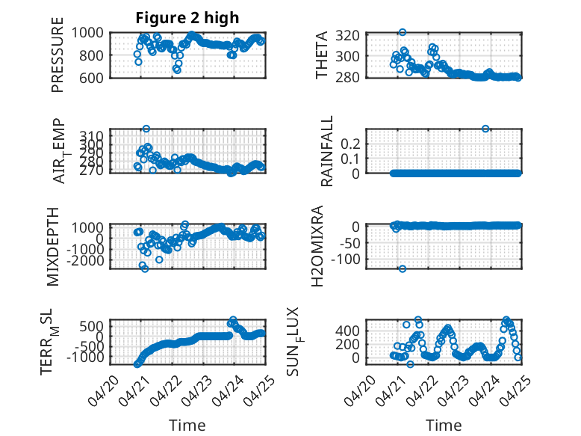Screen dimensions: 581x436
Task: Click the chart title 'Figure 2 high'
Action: (187, 18)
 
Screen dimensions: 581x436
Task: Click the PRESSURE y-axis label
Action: (58, 55)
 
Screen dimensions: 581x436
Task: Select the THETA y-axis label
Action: (322, 55)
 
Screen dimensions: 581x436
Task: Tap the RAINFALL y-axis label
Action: (327, 151)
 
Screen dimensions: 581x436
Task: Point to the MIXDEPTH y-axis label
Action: (53, 247)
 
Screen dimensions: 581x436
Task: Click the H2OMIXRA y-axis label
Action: (317, 246)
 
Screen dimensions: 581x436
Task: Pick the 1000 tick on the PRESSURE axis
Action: (87, 33)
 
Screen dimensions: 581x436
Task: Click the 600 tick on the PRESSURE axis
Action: (92, 78)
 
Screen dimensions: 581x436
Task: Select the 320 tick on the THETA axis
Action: (347, 36)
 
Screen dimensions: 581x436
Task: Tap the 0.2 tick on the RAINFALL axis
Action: (350, 144)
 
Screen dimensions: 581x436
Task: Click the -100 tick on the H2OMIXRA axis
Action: (345, 260)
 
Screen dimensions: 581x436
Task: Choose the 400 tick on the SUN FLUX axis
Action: (347, 331)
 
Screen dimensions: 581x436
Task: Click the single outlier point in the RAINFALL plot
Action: (485, 129)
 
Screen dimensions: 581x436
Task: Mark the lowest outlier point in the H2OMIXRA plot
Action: (403, 268)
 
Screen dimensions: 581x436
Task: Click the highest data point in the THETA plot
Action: (403, 32)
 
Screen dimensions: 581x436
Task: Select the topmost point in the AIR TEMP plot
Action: (146, 129)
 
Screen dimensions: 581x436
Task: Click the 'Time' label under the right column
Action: (444, 425)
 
